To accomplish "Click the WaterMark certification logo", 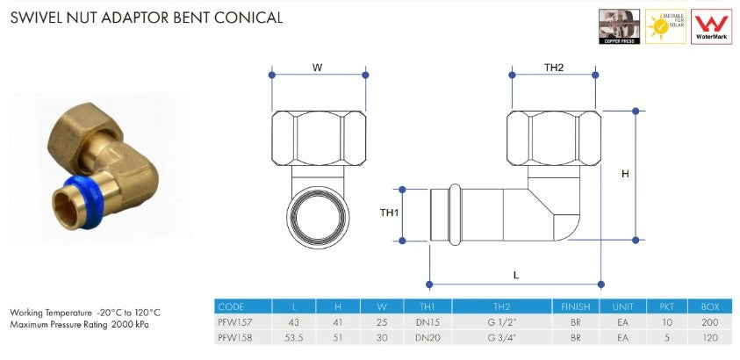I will (713, 27).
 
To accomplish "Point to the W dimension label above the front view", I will (317, 67).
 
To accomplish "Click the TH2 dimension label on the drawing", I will (554, 68).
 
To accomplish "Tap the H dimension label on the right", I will (625, 175).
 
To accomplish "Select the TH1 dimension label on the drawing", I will (389, 212).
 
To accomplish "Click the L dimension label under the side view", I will (516, 275).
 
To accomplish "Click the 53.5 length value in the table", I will (294, 336).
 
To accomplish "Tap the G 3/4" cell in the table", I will (501, 336).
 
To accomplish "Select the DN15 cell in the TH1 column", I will (427, 321).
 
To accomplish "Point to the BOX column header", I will (710, 306).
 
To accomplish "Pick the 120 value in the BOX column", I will (710, 336).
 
